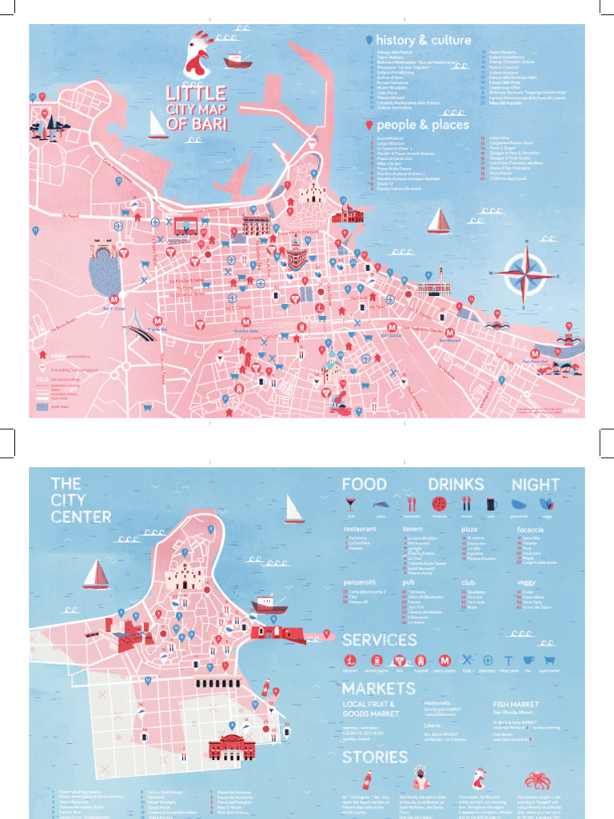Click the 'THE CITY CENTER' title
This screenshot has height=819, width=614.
point(81,500)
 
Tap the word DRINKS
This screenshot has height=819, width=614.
point(456,484)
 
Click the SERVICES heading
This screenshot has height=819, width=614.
point(379,640)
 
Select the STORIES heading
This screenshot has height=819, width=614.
point(375,757)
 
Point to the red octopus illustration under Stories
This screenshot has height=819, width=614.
point(537,781)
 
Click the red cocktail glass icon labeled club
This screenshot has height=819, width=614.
point(350,504)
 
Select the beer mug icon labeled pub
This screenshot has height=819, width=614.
point(490,504)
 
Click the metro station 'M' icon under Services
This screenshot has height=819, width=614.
point(445,661)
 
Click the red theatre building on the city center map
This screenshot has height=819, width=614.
point(231,747)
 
